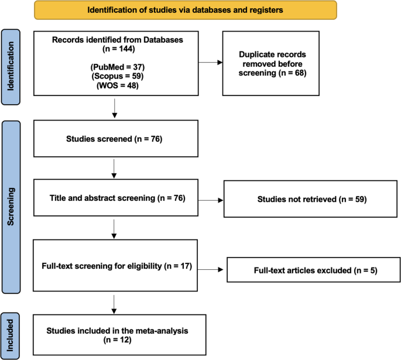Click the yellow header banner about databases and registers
coord(186,10)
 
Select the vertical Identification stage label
coord(11,67)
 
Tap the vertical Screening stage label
coord(11,207)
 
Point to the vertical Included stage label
coord(10,336)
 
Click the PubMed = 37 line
coord(118,67)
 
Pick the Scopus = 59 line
coord(118,76)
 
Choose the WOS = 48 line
coord(118,85)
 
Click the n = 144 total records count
coord(119,49)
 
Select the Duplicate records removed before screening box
coord(271,63)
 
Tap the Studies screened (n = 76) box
coord(116,139)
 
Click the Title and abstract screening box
coord(116,198)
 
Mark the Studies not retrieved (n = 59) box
coord(310,199)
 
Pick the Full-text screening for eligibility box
coord(115,265)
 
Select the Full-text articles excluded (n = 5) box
coord(314,270)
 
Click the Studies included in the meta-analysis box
coord(119,335)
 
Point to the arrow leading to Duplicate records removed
coord(211,63)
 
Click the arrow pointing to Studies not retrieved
coord(211,200)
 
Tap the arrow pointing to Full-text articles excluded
coord(211,269)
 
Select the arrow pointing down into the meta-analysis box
coord(114,304)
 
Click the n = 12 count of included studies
coord(118,340)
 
